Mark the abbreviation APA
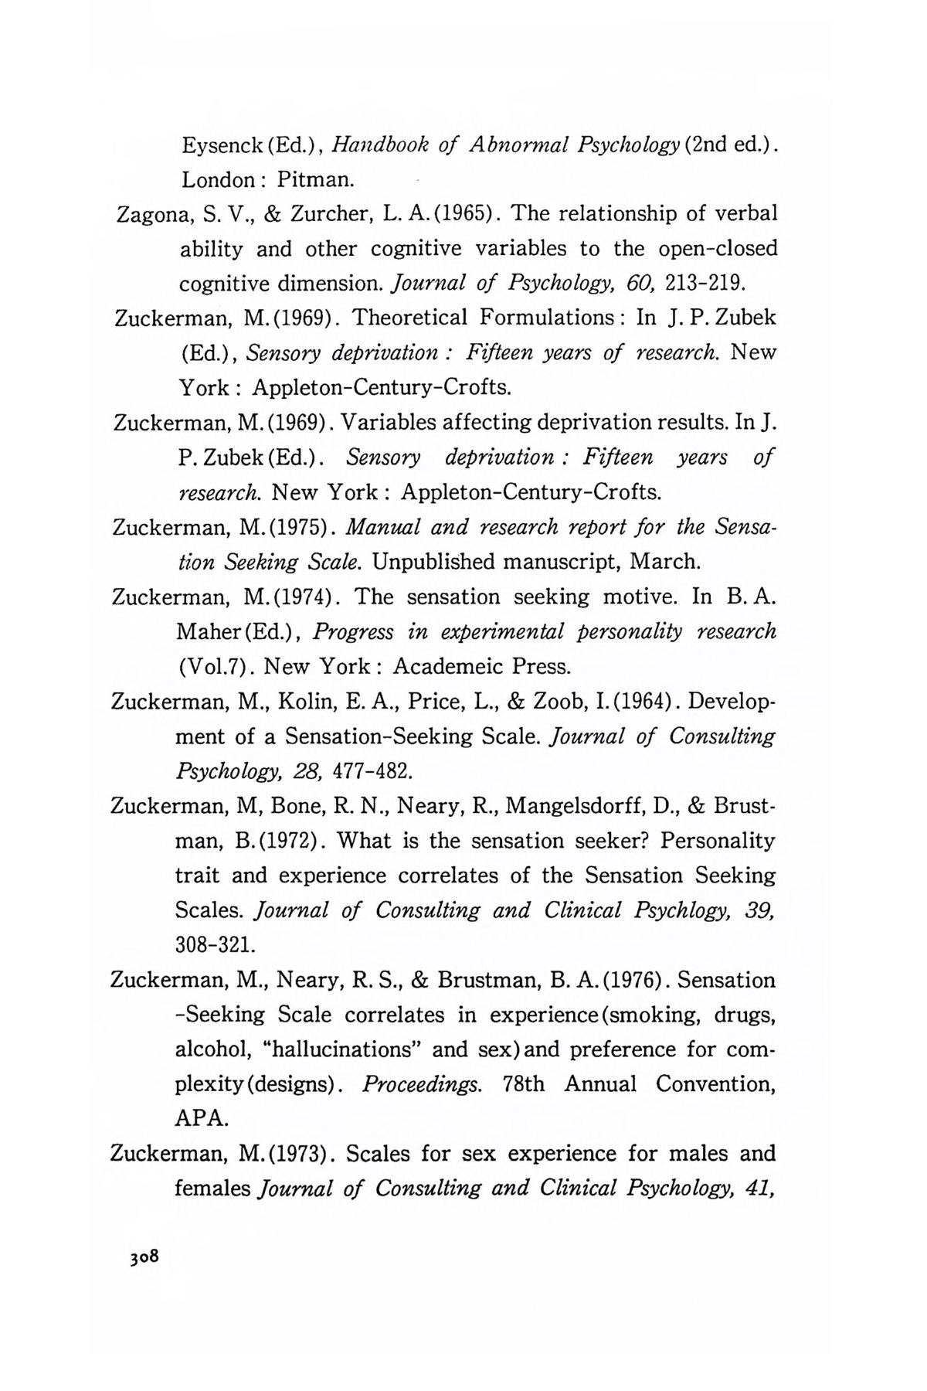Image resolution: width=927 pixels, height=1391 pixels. (202, 1118)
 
